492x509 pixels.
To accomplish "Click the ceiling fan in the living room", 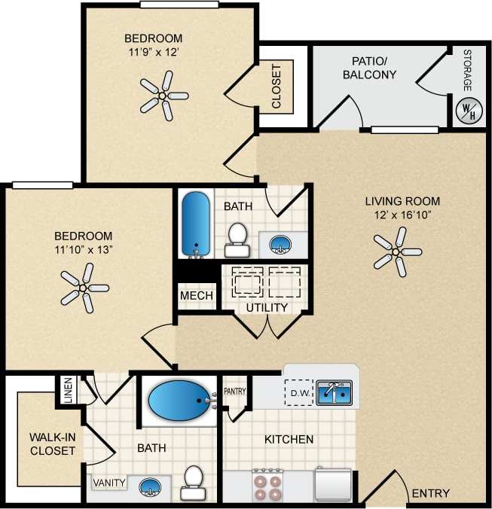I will tap(396, 251).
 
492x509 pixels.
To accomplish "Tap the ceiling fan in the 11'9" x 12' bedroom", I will tap(163, 96).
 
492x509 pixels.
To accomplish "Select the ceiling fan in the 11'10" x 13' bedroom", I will tap(84, 288).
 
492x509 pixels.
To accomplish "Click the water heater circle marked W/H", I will tap(467, 111).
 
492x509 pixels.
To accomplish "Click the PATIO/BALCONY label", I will tap(369, 67).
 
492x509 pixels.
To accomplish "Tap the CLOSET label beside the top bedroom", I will tap(276, 86).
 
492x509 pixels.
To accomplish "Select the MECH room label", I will tap(196, 296).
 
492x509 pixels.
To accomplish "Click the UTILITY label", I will tap(267, 308).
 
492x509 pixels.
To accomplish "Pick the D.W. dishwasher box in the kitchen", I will tap(298, 392).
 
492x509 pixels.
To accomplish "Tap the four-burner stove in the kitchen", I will tap(267, 484).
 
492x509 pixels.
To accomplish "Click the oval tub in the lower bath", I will tap(179, 401).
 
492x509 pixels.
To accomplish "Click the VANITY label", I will tap(108, 483).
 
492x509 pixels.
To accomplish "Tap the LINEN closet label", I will tap(68, 389).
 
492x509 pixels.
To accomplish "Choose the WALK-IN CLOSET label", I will tap(52, 444).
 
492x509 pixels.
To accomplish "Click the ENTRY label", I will tap(431, 494).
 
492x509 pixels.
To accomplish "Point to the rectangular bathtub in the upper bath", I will tap(197, 224).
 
